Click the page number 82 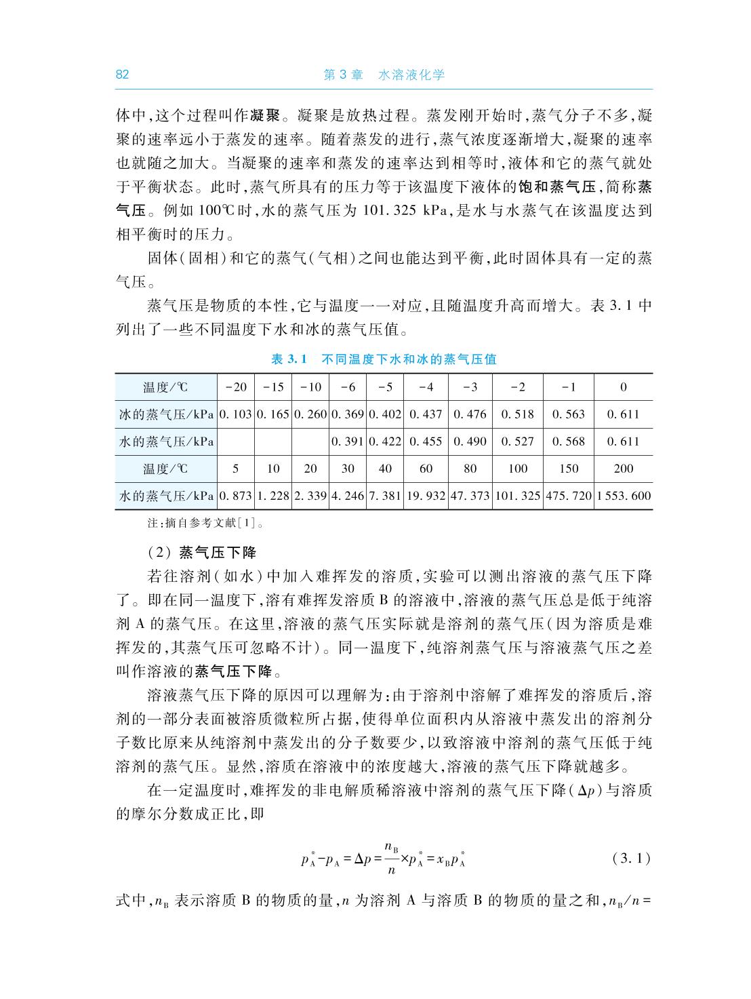122,75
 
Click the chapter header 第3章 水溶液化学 384,75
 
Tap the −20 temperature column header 236,387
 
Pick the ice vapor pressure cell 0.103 236,414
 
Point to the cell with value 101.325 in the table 518,496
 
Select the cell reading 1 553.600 624,496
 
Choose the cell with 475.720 569,496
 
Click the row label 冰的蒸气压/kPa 166,414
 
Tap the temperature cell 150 569,469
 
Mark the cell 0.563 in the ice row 569,414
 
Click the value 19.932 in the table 426,496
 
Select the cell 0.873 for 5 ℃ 236,496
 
